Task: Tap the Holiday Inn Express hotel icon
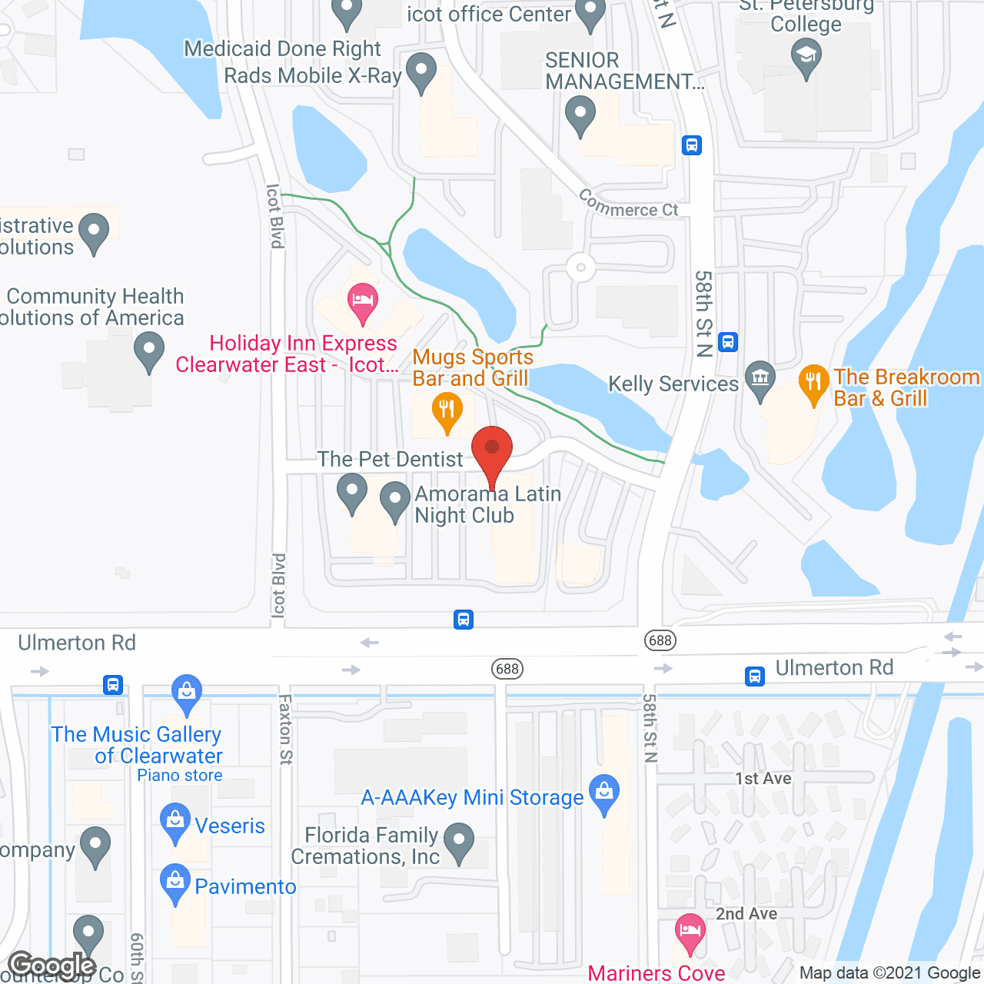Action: (x=362, y=302)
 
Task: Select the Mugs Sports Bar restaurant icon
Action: (x=447, y=411)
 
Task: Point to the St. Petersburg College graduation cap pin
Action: (x=806, y=58)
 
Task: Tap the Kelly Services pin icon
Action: (x=760, y=379)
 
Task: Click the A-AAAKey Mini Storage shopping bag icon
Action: (x=604, y=793)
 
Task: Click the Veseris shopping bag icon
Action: (x=175, y=822)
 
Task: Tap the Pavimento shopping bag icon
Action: (x=175, y=883)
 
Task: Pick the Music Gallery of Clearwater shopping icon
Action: (x=187, y=693)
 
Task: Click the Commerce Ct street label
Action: (x=629, y=205)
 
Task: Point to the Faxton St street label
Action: (x=285, y=729)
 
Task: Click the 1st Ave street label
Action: (x=763, y=779)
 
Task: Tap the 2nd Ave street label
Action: (x=746, y=914)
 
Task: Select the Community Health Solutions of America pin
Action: (x=149, y=351)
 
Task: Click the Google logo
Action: (x=52, y=966)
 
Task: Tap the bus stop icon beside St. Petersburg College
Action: (x=692, y=145)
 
